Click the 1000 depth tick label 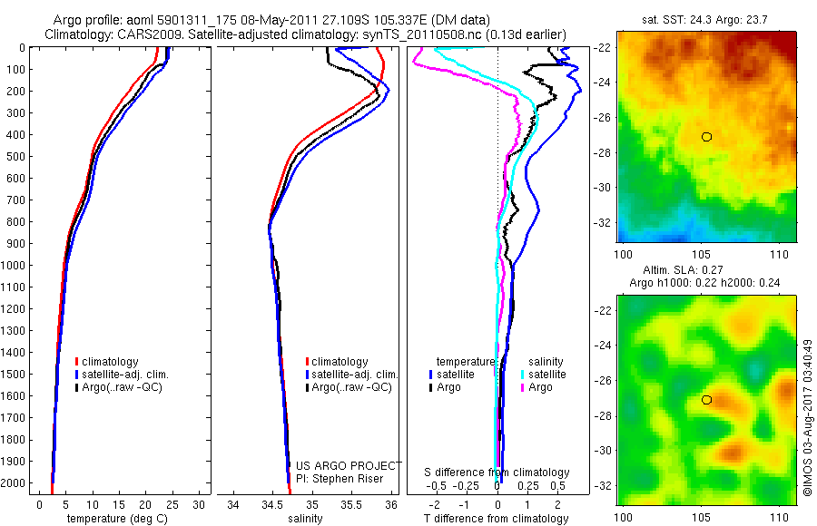[16, 265]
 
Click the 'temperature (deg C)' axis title [115, 519]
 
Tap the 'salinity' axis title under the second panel [306, 519]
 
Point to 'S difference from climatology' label [497, 472]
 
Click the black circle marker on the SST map [706, 137]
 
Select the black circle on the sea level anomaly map [706, 400]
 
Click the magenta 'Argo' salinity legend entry [539, 387]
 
